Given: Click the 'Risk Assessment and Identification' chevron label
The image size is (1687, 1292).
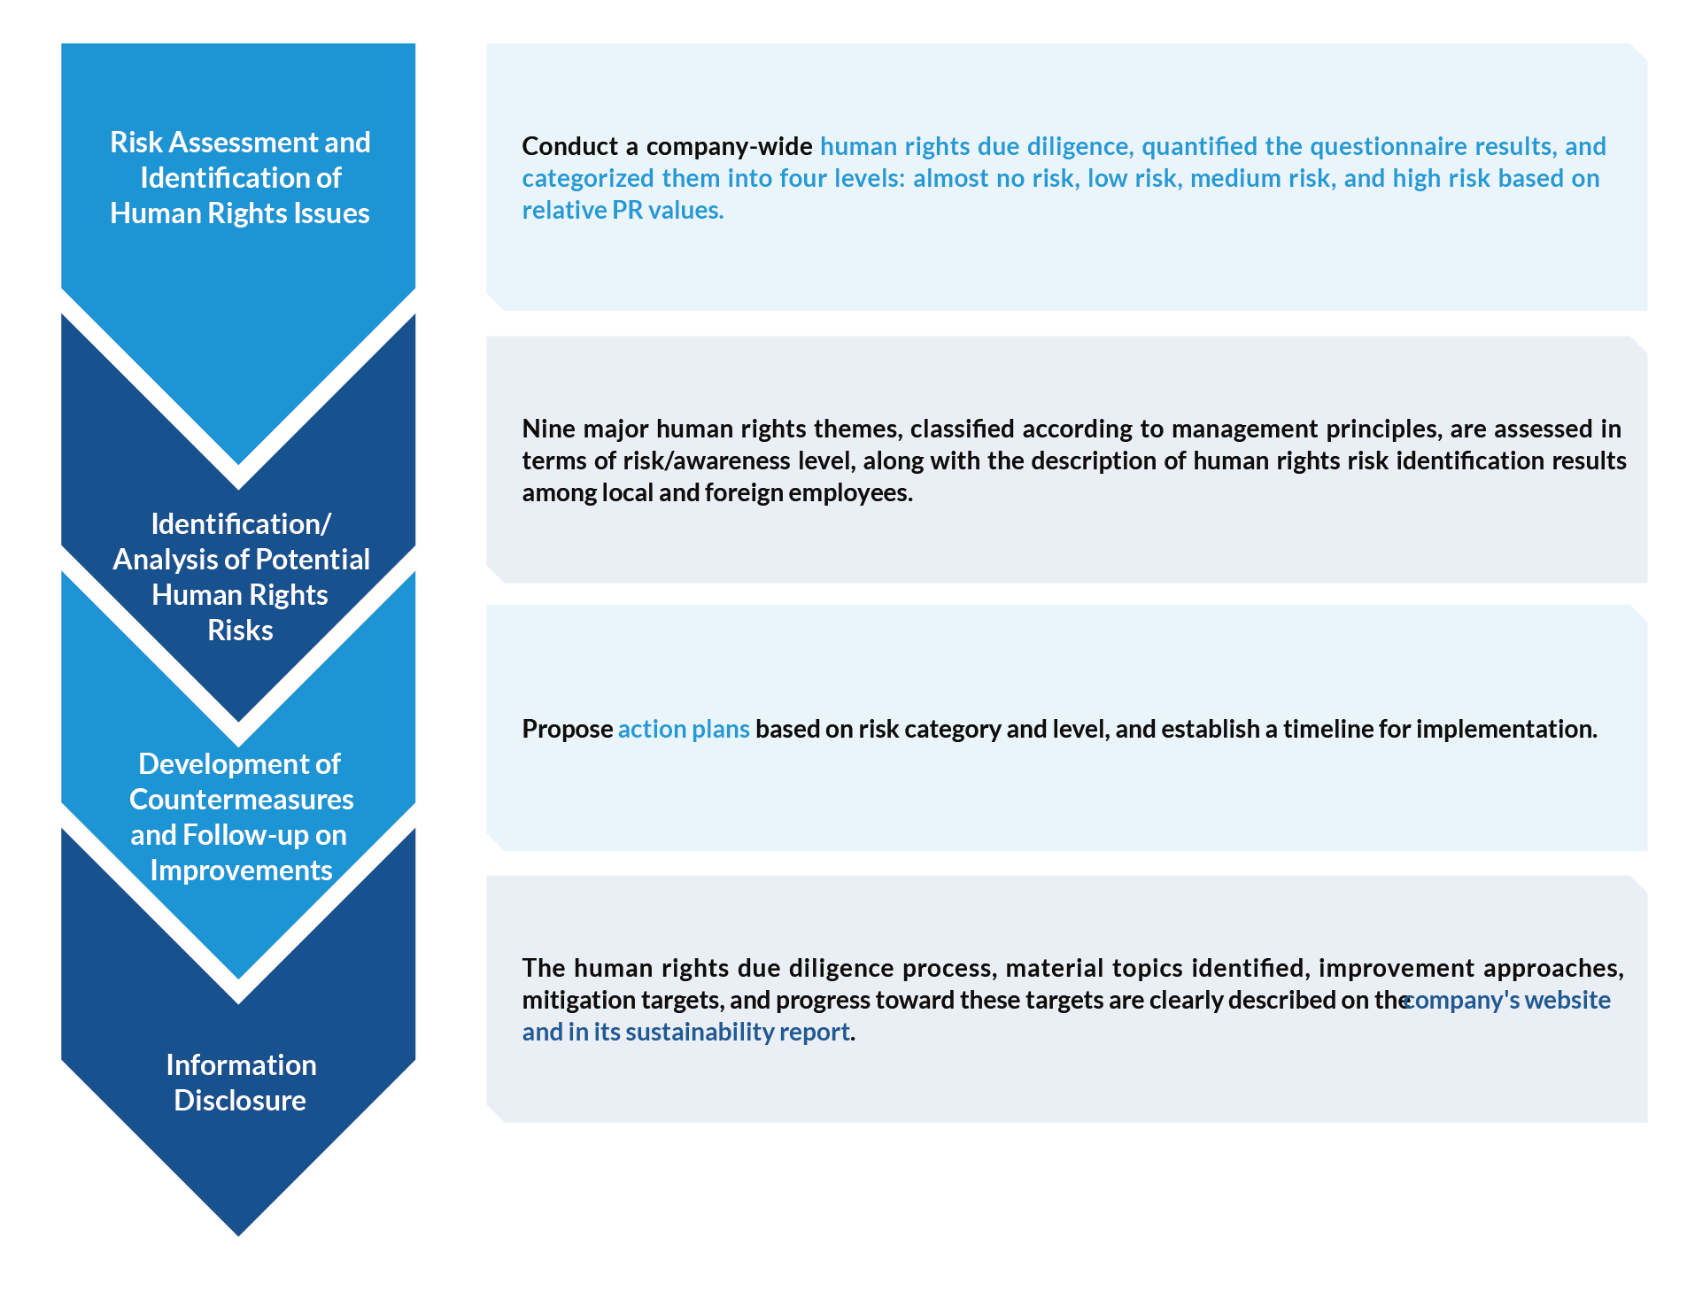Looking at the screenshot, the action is (240, 177).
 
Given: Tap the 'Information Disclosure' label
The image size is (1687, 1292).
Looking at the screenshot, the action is (240, 1082).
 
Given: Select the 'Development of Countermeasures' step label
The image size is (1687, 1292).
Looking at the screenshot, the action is (240, 816).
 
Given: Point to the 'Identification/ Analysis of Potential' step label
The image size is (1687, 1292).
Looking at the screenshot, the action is (240, 576).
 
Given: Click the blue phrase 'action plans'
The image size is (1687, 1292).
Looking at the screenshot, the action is (684, 729).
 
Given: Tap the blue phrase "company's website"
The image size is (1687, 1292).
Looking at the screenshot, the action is (1507, 1000).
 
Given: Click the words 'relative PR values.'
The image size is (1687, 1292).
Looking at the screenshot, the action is (623, 210).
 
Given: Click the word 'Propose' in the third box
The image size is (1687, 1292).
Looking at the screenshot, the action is (567, 729).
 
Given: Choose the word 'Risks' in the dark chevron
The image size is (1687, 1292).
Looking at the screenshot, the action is (240, 630).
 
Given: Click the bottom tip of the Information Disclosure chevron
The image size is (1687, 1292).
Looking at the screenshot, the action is (238, 1236).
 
